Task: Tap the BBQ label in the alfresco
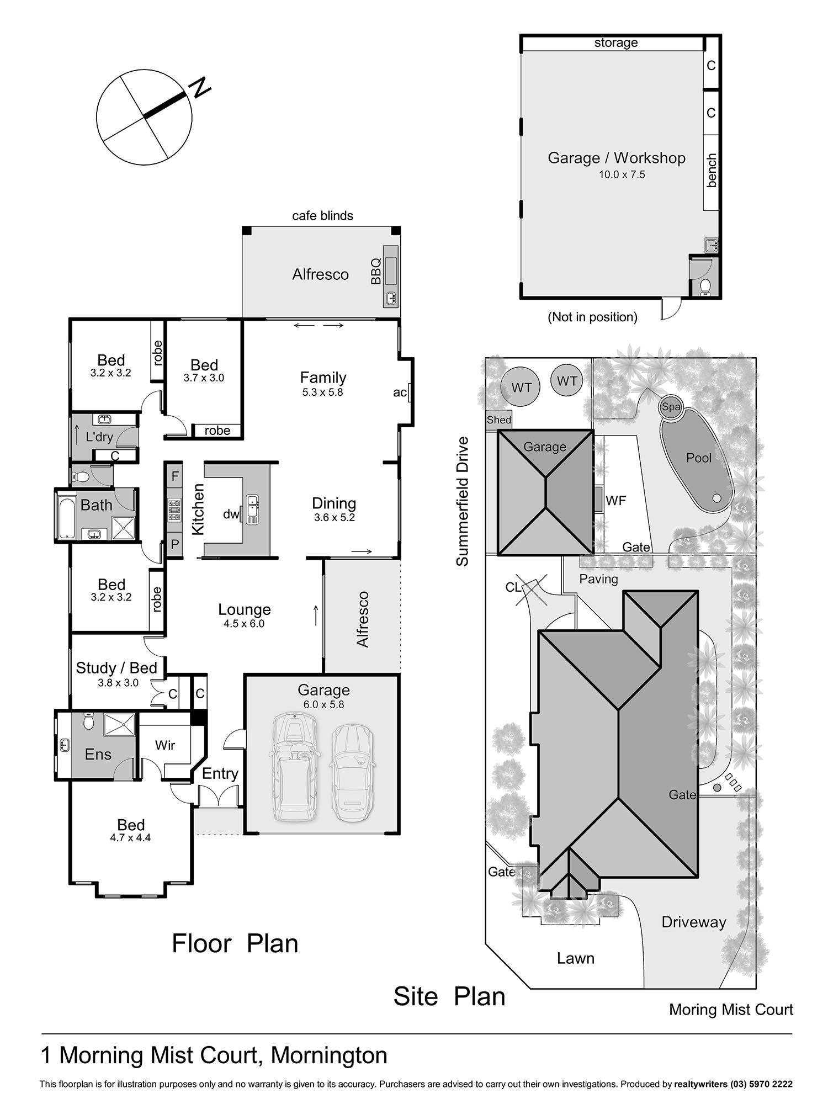click(x=376, y=271)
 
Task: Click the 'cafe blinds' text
click(x=322, y=216)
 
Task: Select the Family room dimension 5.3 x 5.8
click(x=323, y=392)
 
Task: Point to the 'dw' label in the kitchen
click(x=231, y=514)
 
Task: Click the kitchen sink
click(x=253, y=509)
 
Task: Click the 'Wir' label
click(x=165, y=745)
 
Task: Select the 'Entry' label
click(x=220, y=774)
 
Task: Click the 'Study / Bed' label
click(x=116, y=668)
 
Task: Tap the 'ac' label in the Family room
click(x=400, y=392)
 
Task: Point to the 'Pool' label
click(x=698, y=458)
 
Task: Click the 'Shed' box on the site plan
click(x=498, y=420)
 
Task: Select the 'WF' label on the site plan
click(x=615, y=501)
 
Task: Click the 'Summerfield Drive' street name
click(x=462, y=501)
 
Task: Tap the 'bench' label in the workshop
click(x=711, y=171)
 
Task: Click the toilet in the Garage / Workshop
click(x=705, y=287)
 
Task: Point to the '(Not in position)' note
click(x=592, y=317)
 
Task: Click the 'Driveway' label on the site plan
click(x=694, y=922)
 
